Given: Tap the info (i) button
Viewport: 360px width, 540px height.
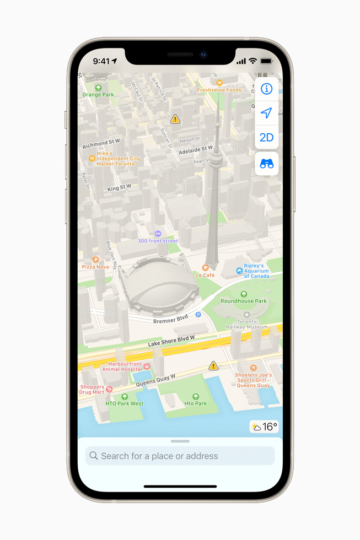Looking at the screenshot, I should point(266,89).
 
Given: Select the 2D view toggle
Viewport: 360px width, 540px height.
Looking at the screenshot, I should point(266,137).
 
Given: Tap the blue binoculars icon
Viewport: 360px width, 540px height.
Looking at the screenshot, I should point(266,164).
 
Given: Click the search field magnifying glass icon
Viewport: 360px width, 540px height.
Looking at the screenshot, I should point(94,456).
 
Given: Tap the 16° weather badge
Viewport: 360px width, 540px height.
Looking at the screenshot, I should point(264,427).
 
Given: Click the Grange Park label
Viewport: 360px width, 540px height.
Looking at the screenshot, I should point(98,94).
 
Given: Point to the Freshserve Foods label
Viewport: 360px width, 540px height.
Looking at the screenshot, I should point(219,90).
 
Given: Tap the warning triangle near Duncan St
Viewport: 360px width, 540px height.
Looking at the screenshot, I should point(175,119).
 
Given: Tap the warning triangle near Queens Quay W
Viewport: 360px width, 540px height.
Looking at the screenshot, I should point(213,366).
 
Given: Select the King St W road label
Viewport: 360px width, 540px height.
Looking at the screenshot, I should point(119,188).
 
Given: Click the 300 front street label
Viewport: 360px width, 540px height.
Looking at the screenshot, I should point(158,241).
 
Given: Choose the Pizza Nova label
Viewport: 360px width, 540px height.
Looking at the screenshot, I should point(95,267).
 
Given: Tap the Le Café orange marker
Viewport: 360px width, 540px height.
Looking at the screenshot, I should point(205,268).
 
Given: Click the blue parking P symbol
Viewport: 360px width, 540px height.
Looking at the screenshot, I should point(198,314).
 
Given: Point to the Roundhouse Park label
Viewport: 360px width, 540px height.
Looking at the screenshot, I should point(244,301).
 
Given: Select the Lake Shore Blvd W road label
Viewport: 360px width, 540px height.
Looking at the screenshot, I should point(171,341).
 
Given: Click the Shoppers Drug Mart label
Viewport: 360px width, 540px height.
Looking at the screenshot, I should point(92,389).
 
